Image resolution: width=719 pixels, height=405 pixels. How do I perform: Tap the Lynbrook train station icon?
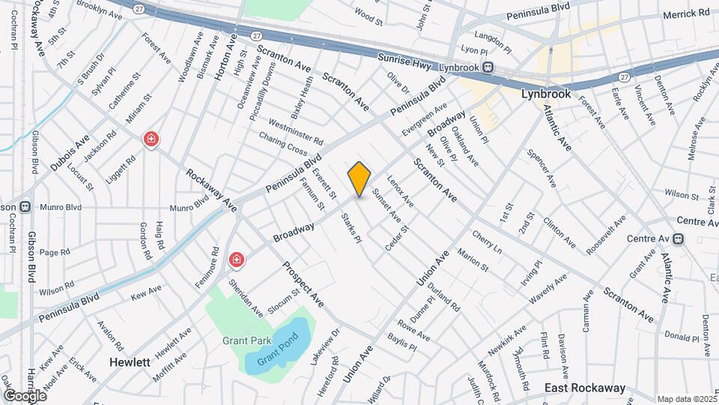[x=488, y=67]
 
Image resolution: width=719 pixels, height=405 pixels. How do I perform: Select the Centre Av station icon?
[x=679, y=239]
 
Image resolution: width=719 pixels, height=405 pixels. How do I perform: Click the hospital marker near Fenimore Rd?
[x=237, y=260]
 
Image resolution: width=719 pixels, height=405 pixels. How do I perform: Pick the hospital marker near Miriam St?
[x=151, y=139]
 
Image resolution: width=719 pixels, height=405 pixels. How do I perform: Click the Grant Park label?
[x=246, y=340]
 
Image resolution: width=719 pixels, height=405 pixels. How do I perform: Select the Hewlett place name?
[x=130, y=361]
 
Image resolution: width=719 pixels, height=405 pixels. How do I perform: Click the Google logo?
[x=25, y=395]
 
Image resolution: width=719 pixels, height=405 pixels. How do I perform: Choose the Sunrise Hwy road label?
[x=404, y=64]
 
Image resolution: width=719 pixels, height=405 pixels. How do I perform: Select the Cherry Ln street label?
[x=486, y=241]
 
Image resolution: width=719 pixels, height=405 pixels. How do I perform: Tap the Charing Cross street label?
[x=282, y=144]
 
